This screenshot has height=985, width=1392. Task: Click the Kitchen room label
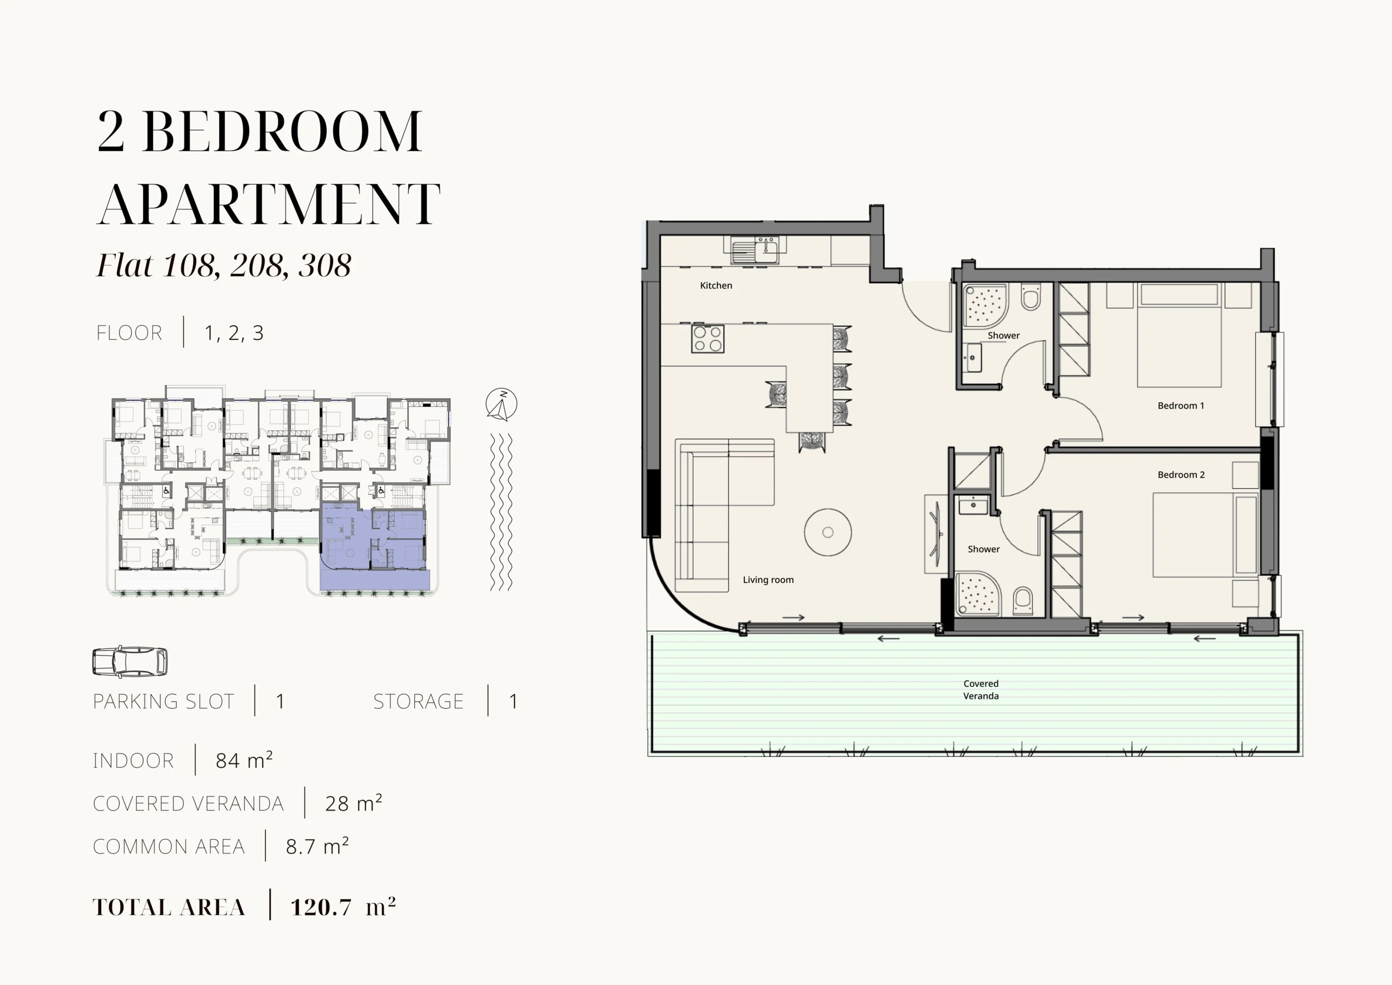click(x=716, y=285)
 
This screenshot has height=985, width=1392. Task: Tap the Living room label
click(x=768, y=580)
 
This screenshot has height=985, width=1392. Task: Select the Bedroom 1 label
click(x=1181, y=406)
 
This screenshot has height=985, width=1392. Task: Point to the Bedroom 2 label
click(x=1181, y=475)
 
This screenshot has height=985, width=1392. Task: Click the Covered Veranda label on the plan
click(x=981, y=690)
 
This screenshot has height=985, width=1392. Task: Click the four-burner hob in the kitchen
click(x=707, y=339)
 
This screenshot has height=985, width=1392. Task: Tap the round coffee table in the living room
click(x=828, y=532)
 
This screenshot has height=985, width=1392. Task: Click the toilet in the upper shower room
click(x=1030, y=296)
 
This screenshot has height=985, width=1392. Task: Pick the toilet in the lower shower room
click(x=1023, y=600)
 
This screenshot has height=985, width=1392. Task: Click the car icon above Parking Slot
click(x=130, y=661)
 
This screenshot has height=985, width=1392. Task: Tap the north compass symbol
click(x=501, y=404)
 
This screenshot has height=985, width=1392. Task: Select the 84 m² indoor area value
click(x=244, y=760)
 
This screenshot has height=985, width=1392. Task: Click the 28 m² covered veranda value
click(x=353, y=803)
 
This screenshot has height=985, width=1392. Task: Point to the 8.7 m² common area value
click(x=317, y=846)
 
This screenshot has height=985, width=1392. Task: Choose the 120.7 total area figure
click(x=321, y=907)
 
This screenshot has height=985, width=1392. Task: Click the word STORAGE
click(x=418, y=701)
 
